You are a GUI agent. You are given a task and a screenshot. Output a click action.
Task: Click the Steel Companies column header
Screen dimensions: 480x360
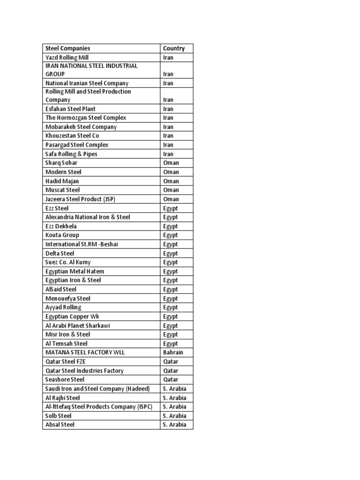[x=68, y=48]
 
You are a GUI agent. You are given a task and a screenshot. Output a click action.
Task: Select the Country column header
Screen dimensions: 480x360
[x=174, y=48]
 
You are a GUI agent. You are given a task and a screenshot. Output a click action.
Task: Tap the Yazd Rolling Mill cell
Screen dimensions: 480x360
[x=67, y=58]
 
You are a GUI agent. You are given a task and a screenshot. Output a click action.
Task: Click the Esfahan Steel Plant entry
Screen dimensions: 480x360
[x=70, y=109]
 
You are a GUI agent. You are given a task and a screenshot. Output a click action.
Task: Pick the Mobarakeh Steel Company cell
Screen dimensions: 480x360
[x=81, y=127]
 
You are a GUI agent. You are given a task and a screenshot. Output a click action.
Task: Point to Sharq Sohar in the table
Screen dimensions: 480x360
[x=61, y=163]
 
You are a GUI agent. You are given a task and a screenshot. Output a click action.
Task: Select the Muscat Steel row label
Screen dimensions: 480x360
[x=63, y=190]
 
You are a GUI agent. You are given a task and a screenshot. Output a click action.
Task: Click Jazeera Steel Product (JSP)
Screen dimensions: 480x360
[x=80, y=199]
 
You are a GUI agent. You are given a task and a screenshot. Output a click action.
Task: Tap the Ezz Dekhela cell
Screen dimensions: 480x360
[x=61, y=226]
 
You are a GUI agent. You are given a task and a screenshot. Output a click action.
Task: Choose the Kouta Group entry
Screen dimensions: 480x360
[x=62, y=235]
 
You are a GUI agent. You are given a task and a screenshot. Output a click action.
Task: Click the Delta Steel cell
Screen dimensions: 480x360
[x=60, y=254]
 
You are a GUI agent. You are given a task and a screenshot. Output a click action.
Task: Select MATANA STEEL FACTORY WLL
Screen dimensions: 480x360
[x=85, y=352]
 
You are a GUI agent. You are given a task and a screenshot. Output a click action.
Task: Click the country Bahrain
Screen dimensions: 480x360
[x=173, y=352]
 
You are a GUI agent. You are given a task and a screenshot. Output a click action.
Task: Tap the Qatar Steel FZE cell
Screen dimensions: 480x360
[x=66, y=361]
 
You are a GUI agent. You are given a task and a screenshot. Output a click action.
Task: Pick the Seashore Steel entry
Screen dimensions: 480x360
[x=65, y=380]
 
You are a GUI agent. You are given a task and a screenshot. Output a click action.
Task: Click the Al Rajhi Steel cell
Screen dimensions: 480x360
[x=63, y=398]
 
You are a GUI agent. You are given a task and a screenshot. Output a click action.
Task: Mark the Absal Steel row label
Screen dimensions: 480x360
[x=60, y=425]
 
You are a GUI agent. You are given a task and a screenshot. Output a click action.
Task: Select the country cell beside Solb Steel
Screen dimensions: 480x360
[x=174, y=416]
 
